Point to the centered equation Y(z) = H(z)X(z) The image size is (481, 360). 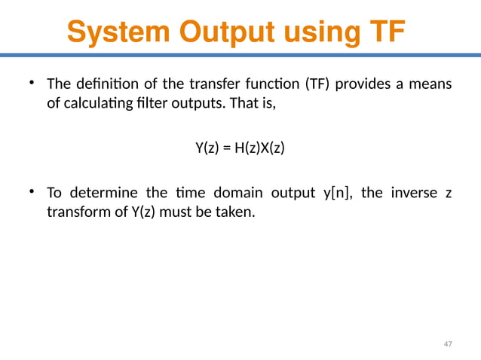pyautogui.click(x=240, y=147)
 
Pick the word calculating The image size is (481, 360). pyautogui.click(x=100, y=104)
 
